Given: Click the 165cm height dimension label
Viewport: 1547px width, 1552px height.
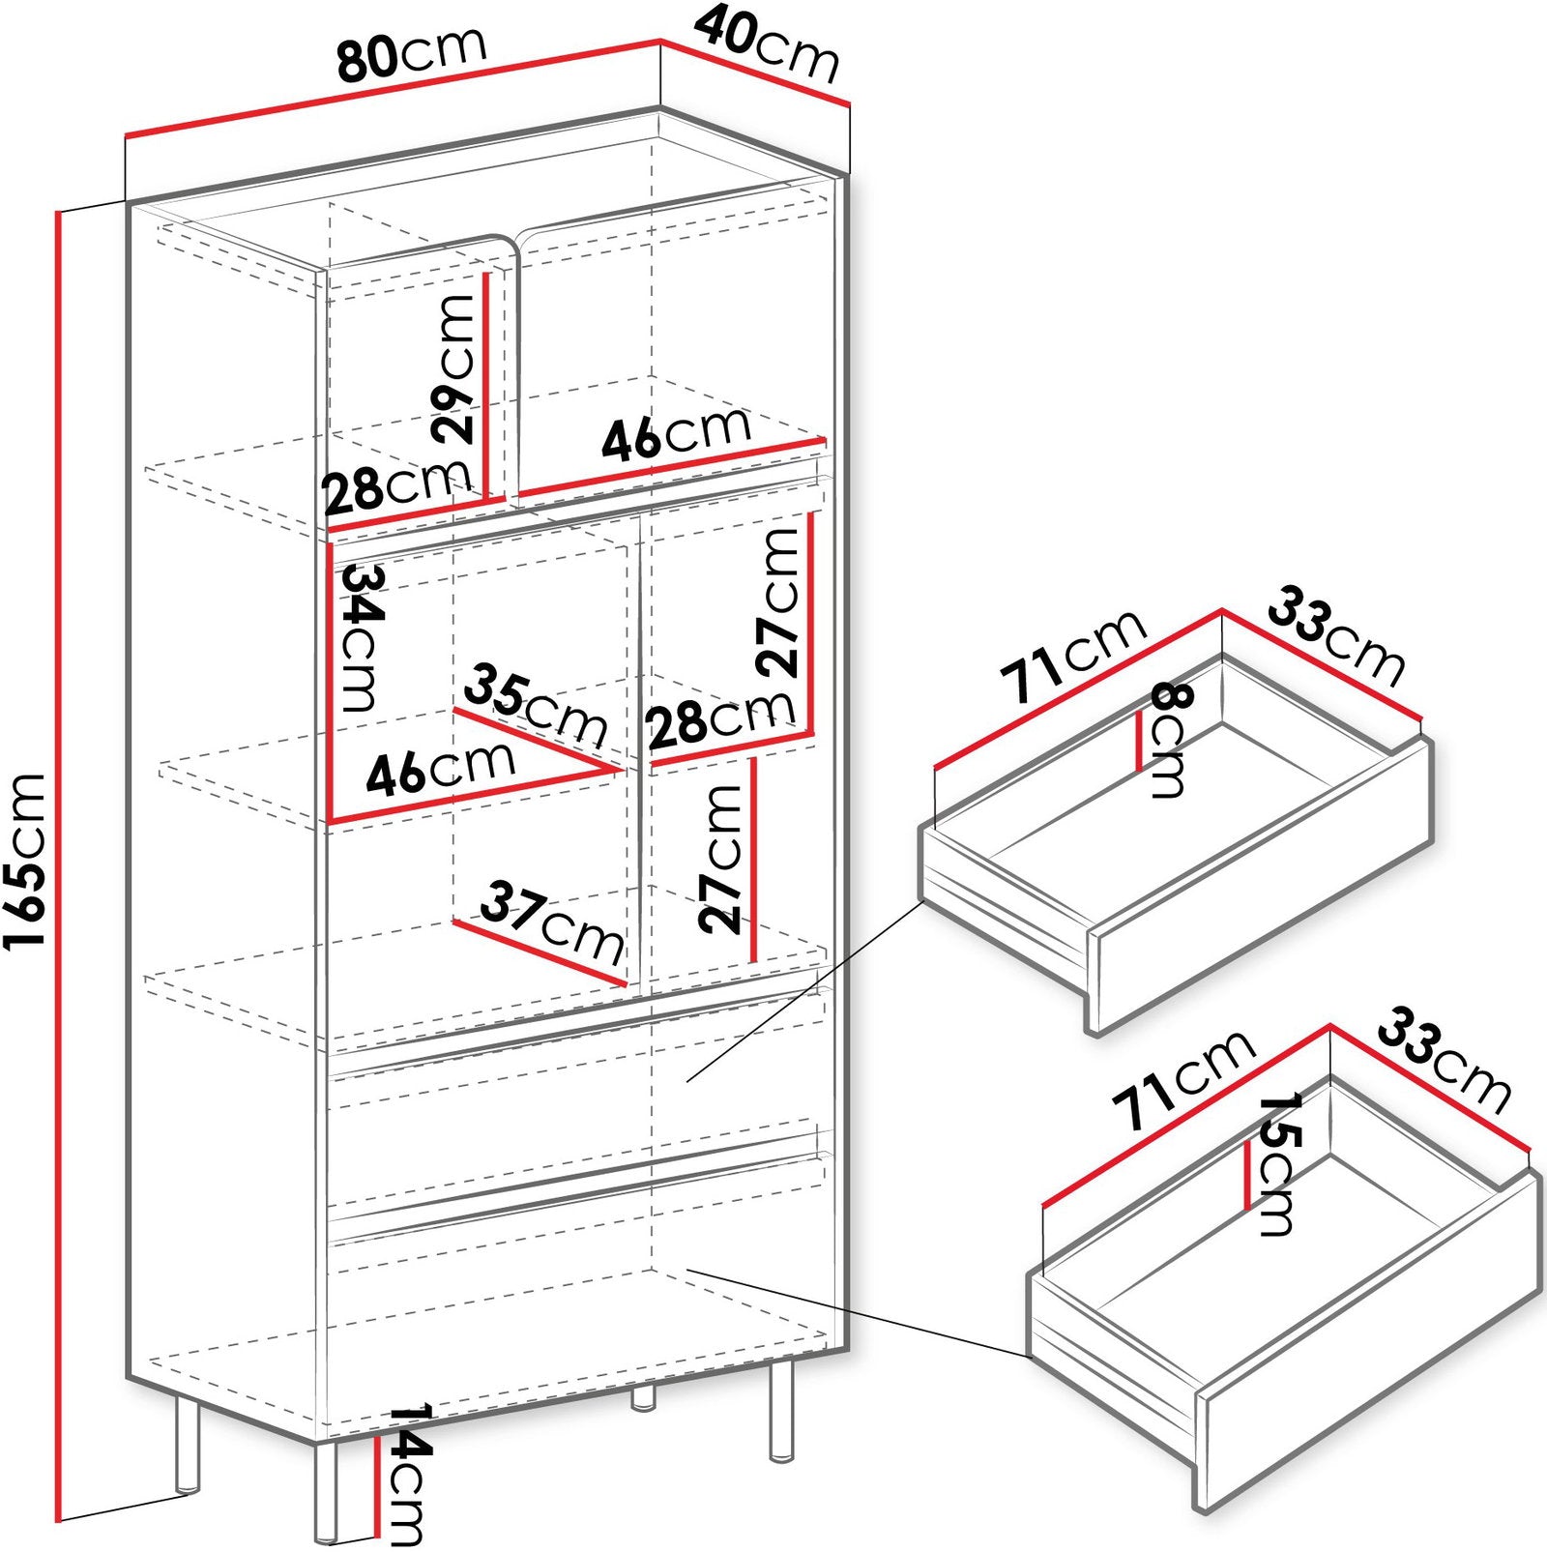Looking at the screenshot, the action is coord(26,861).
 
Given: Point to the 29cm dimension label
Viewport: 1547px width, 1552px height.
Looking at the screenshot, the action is coord(455,368).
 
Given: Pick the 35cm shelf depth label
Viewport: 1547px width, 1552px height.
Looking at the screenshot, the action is coord(536,705).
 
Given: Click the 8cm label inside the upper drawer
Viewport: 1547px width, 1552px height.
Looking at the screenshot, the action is coord(1167,740).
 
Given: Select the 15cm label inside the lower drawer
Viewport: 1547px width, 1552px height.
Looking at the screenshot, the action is coord(1276,1164).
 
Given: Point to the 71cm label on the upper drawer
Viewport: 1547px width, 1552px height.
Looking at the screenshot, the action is coord(1072,657).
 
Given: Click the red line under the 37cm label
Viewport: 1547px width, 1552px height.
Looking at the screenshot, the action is coord(540,952).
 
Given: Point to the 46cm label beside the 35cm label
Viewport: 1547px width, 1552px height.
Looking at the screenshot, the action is coord(440,768).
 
